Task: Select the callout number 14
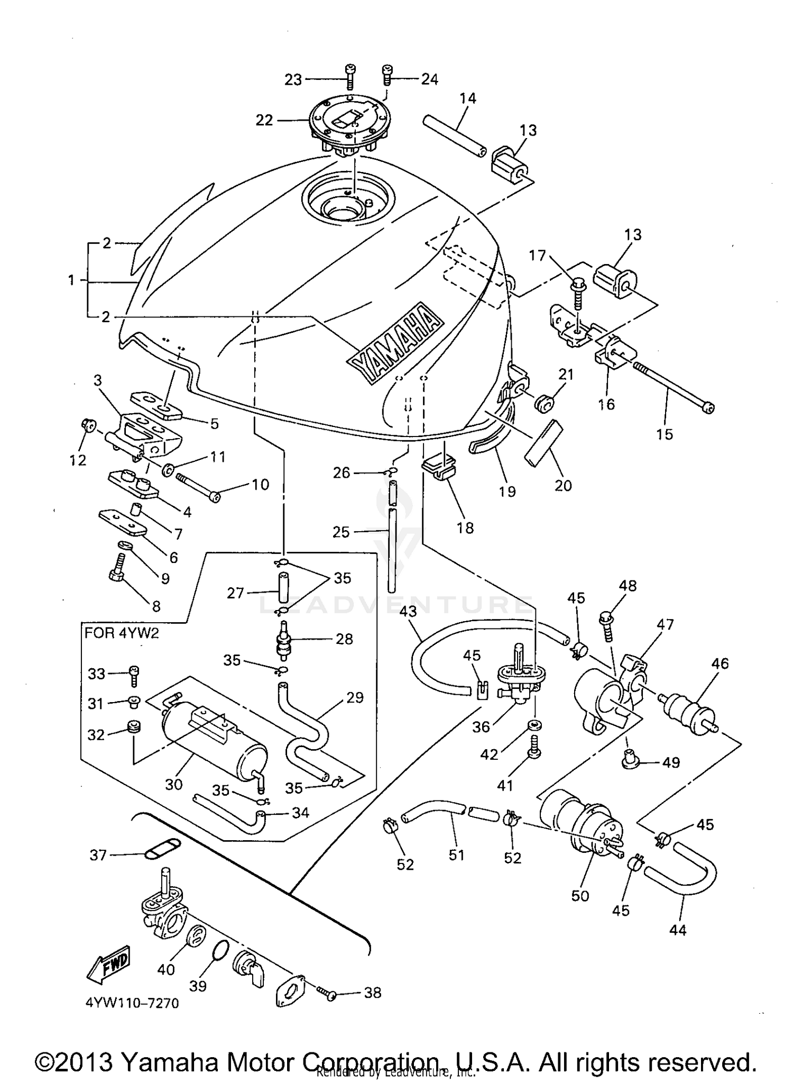[x=467, y=98]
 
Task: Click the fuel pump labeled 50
[x=582, y=831]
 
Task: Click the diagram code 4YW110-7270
[x=131, y=1003]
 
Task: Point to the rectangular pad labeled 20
[x=539, y=442]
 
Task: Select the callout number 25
[x=341, y=532]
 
